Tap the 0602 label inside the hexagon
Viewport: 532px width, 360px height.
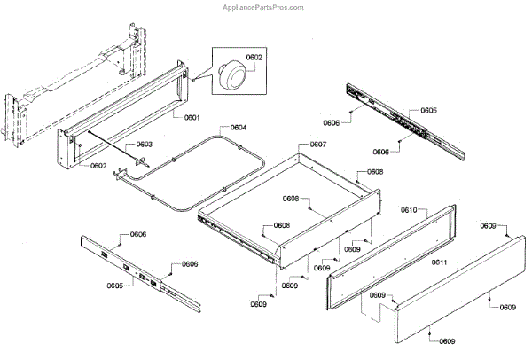[x=254, y=58]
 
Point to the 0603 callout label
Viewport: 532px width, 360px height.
[x=144, y=145]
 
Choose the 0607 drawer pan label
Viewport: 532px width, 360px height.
[x=317, y=145]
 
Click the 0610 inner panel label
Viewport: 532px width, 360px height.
[x=409, y=211]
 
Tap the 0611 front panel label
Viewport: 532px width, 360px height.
[x=440, y=263]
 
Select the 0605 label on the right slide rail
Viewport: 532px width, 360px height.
[x=428, y=111]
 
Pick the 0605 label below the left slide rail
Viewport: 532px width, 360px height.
[x=115, y=286]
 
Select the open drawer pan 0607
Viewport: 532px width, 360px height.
[x=293, y=208]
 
